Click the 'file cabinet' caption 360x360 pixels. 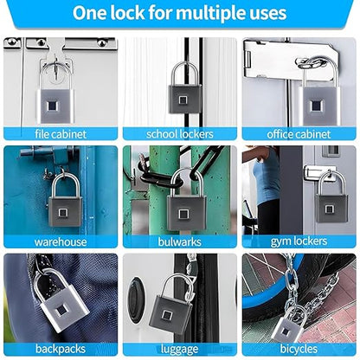[61, 134]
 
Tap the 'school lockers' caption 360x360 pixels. [180, 134]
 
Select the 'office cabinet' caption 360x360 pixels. [299, 134]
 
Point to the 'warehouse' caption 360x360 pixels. [61, 242]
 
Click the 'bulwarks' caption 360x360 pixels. [180, 242]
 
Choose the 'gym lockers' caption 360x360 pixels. [299, 242]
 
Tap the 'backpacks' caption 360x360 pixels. [61, 350]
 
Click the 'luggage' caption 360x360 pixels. [180, 350]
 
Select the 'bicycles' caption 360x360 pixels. [299, 350]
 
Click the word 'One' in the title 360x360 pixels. [93, 14]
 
